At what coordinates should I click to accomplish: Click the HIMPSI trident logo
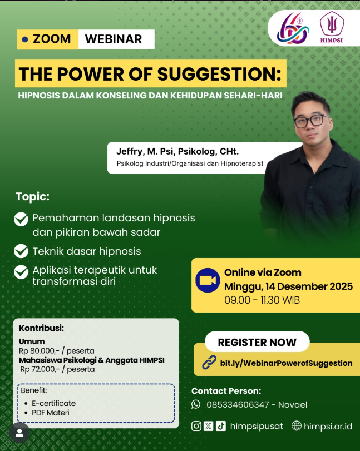pos(332,27)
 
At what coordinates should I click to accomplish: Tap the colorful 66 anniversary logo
pos(293,28)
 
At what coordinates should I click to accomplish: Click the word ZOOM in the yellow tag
pos(52,39)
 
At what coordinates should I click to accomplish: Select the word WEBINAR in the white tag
pos(114,39)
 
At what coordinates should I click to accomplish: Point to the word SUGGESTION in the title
pos(219,74)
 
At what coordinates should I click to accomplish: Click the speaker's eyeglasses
pos(312,121)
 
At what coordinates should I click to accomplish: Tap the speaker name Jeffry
pos(129,152)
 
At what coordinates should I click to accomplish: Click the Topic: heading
pos(32,197)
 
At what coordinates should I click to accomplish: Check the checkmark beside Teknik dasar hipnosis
pos(21,251)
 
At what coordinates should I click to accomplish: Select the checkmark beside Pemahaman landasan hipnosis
pos(21,219)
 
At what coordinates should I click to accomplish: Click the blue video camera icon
pos(208,280)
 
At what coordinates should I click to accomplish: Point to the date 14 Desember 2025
pos(309,286)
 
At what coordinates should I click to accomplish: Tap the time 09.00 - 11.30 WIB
pos(262,300)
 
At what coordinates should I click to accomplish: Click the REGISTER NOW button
pos(257,342)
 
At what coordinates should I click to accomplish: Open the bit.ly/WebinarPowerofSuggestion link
pos(286,363)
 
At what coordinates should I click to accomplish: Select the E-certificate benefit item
pos(53,403)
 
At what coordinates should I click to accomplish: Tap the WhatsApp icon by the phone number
pos(196,404)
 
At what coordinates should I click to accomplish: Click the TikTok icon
pos(221,426)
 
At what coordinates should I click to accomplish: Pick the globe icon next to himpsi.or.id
pos(297,425)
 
